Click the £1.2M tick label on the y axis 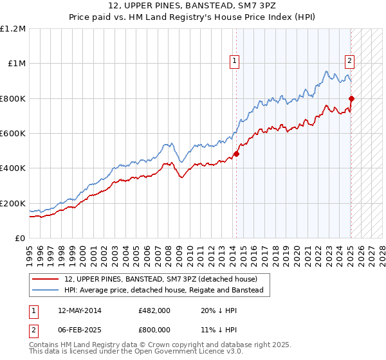point(14,28)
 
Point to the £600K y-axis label point(14,133)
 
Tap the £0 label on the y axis point(20,238)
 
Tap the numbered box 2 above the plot point(349,62)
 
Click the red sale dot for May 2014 point(236,154)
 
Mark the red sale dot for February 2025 point(351,98)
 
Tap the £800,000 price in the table point(154,329)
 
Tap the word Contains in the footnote point(45,345)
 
